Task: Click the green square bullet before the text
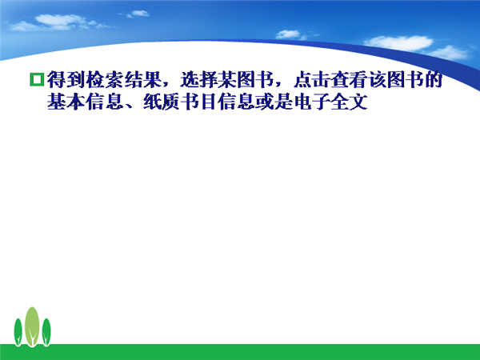click(37, 79)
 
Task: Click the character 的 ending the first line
click(433, 79)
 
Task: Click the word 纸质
click(161, 102)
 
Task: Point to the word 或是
click(274, 102)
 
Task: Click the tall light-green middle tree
click(32, 326)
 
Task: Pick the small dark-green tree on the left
click(18, 332)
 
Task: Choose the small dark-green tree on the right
click(46, 332)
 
